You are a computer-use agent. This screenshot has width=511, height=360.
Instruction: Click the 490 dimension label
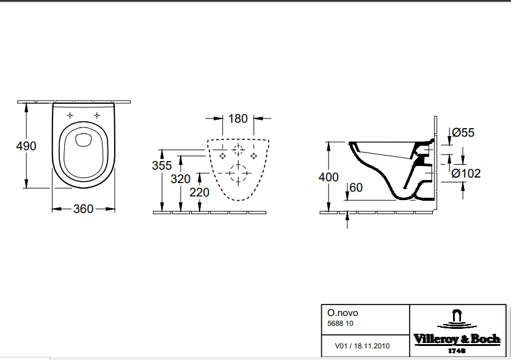coord(26,146)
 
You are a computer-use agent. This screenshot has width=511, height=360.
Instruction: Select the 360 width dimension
coord(84,209)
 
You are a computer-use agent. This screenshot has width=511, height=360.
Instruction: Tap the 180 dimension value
coord(238,118)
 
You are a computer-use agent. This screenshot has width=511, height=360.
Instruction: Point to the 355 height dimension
coord(162,165)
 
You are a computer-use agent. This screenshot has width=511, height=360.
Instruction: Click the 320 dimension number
coord(181,179)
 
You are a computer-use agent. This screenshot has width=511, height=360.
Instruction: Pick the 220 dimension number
coord(200,193)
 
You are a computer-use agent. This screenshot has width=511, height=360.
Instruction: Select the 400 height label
coord(328,177)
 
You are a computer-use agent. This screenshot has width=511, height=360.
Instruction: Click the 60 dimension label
coord(356,188)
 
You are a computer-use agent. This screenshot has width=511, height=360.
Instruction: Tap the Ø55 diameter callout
coord(463,132)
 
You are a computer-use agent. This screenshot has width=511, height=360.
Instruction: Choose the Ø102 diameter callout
coord(466,173)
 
